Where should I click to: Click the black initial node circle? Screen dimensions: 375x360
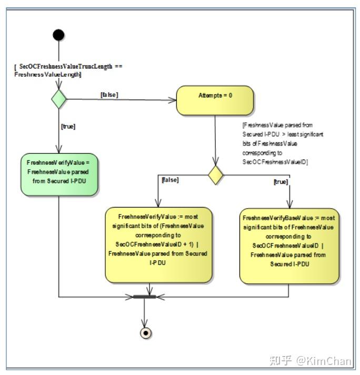click(59, 35)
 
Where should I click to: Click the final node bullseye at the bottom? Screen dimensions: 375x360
click(144, 333)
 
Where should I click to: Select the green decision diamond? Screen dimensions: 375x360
click(58, 99)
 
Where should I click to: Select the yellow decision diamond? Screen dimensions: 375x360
click(216, 175)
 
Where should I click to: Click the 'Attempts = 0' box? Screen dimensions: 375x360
click(215, 101)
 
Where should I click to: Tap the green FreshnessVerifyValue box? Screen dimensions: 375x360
click(59, 174)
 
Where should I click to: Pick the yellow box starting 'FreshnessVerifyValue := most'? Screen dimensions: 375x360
click(158, 245)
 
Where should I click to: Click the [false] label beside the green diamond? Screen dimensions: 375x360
click(109, 94)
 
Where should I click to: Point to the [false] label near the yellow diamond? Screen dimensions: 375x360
click(170, 180)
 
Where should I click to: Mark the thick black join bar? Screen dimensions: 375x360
click(144, 297)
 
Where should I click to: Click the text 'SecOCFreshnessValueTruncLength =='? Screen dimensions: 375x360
click(68, 67)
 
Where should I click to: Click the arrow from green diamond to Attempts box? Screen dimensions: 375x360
click(121, 99)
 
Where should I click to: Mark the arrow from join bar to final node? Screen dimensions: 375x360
click(144, 313)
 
